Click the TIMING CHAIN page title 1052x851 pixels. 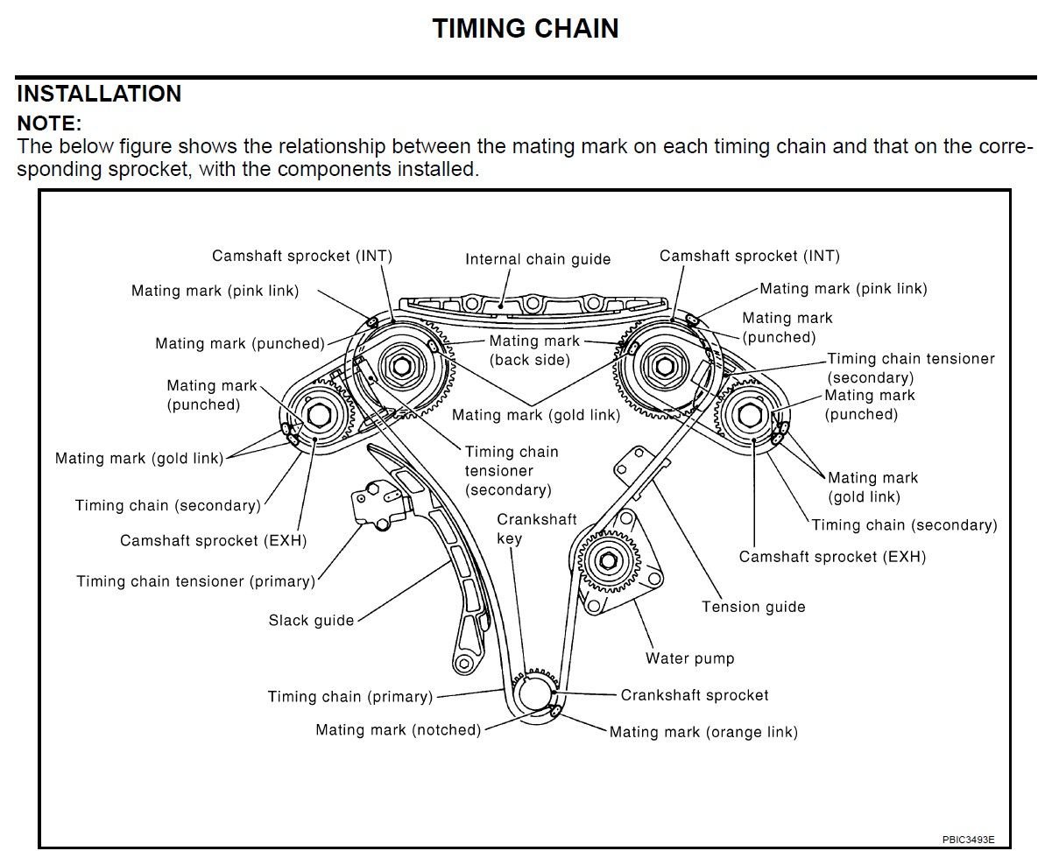(x=526, y=29)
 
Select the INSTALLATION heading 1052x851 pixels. (x=99, y=94)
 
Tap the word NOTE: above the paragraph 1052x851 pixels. (x=49, y=123)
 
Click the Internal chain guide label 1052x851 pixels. (x=538, y=259)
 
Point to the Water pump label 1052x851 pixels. (x=690, y=658)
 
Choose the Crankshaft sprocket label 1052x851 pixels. (x=695, y=695)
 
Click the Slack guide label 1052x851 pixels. (x=311, y=621)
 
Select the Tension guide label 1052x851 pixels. (x=753, y=607)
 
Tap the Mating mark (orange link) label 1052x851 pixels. (x=703, y=732)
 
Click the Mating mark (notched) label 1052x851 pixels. (x=399, y=729)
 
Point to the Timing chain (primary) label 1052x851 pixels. (x=350, y=697)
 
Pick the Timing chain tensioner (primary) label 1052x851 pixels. (x=195, y=581)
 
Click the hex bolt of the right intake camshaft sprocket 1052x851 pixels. (x=660, y=361)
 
